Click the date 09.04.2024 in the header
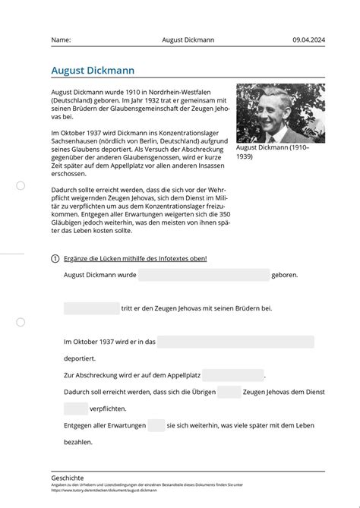308,39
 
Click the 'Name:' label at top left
62,39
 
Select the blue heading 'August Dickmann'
93,70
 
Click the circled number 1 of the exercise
55,259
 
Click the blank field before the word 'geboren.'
204,275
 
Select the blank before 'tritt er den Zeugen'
92,308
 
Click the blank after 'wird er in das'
235,342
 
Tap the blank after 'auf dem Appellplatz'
233,375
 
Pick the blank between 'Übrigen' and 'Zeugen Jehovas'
229,392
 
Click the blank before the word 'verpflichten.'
76,409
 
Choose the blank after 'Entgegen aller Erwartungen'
156,425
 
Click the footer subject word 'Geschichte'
68,478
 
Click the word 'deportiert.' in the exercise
80,358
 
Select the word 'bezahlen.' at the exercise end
78,442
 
